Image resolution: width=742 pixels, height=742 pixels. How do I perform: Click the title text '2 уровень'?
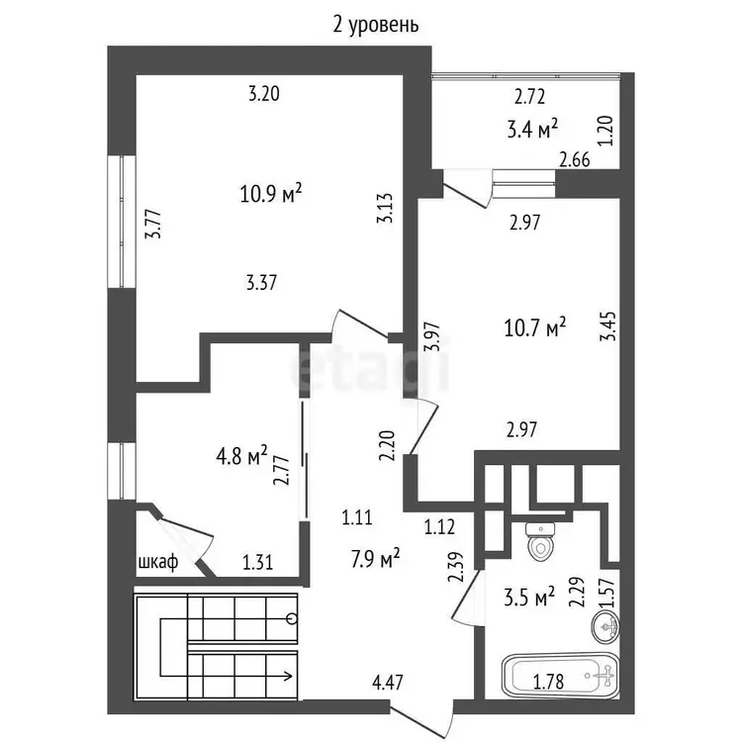click(376, 26)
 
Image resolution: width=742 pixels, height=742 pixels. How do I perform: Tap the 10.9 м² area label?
click(271, 193)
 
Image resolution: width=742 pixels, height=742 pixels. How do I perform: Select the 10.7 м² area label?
click(534, 326)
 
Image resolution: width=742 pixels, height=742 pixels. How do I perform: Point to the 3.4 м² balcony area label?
click(532, 129)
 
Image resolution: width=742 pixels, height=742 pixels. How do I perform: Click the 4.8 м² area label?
click(241, 456)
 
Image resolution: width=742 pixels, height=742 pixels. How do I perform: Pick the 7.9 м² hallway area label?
click(375, 559)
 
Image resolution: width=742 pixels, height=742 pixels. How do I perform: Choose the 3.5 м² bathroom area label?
click(529, 598)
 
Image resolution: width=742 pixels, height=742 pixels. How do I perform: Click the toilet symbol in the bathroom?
click(540, 542)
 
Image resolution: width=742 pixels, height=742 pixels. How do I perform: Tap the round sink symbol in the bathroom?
click(605, 627)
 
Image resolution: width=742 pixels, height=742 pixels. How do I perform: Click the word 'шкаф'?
click(158, 563)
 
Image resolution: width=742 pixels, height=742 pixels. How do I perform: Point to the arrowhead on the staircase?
click(288, 676)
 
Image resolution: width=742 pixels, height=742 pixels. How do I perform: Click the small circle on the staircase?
click(292, 618)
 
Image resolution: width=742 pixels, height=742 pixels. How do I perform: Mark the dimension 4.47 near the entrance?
click(388, 683)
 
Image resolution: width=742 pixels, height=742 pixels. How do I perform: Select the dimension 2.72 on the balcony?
click(530, 97)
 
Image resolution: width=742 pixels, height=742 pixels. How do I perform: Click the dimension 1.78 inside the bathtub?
click(548, 682)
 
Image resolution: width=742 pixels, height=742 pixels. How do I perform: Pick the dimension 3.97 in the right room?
click(433, 336)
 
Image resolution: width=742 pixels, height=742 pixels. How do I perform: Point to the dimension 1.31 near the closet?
click(257, 563)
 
